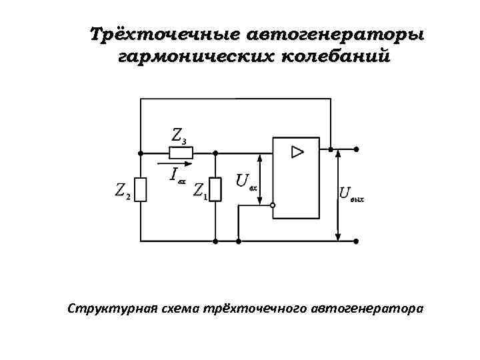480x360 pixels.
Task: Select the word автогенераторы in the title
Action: [x=335, y=34]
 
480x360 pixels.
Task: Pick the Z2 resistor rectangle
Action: [x=141, y=189]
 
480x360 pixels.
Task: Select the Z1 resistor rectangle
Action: [x=215, y=189]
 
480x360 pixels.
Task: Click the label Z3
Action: [x=179, y=135]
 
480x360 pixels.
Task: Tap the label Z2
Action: [x=122, y=191]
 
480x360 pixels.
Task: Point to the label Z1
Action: [x=200, y=191]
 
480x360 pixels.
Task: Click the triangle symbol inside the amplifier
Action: [x=297, y=152]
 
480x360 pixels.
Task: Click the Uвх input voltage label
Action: [x=246, y=182]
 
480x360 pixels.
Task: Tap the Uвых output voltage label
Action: [x=351, y=194]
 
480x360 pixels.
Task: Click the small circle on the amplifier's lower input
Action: [x=273, y=206]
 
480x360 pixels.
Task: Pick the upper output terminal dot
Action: [x=357, y=149]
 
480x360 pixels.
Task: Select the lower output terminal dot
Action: [x=357, y=240]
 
